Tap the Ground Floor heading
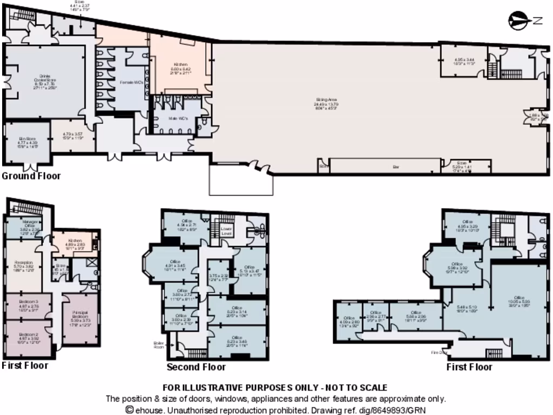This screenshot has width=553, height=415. [x=31, y=176]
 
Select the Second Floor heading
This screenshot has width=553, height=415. [x=195, y=367]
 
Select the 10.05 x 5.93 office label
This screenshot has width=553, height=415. [x=519, y=300]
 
